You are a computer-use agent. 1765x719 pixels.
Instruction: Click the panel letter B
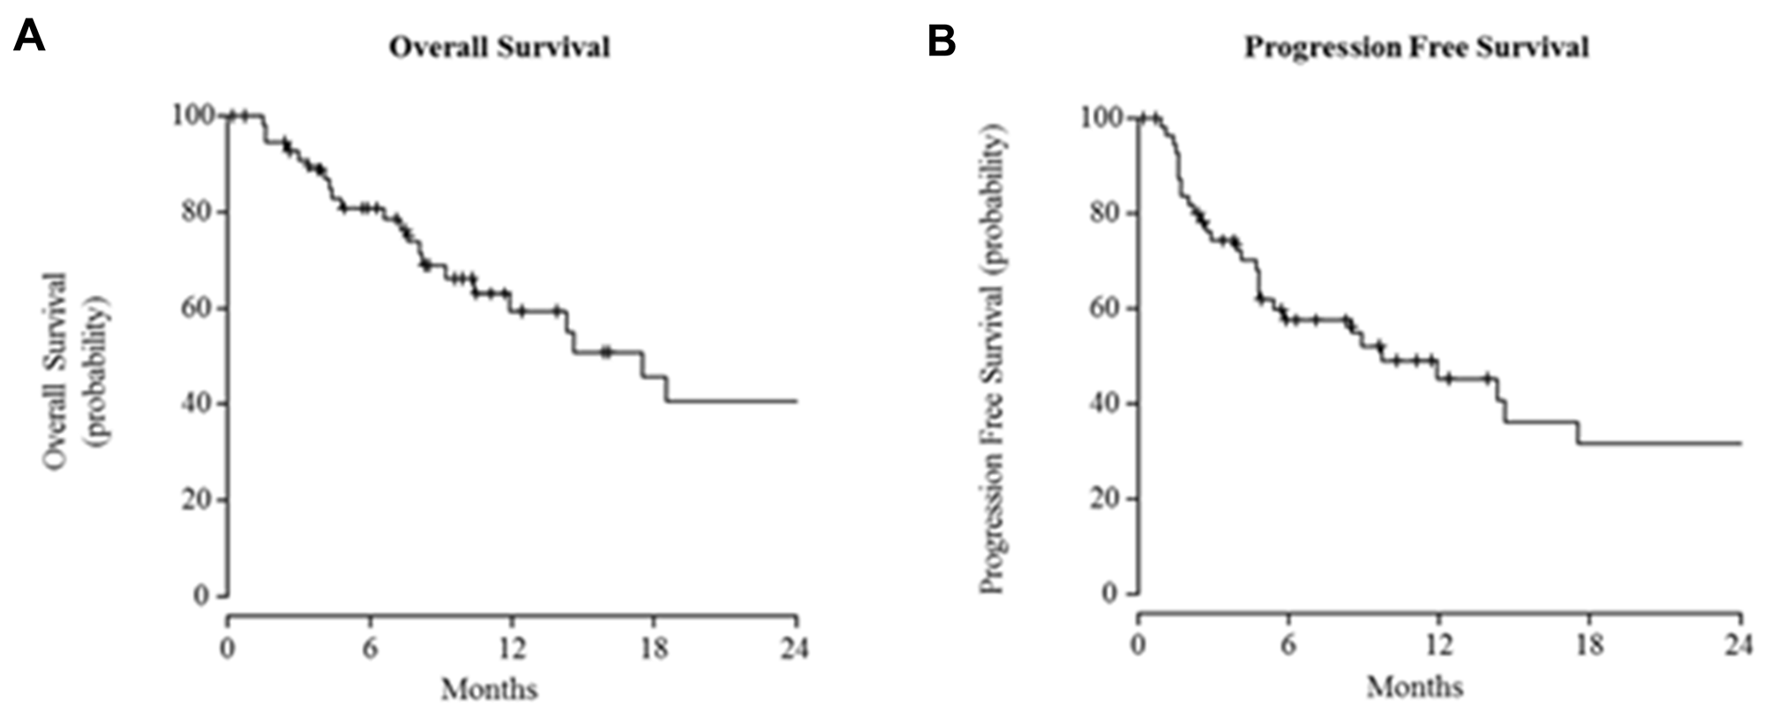tap(941, 40)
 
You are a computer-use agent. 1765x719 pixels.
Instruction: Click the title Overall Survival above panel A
tap(499, 47)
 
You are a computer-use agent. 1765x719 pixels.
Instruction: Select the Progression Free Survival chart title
tap(1416, 47)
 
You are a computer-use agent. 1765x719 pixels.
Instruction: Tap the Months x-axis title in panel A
tap(489, 688)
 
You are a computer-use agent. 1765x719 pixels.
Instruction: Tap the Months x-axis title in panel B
tap(1415, 686)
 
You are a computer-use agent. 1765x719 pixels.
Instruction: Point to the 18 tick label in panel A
tap(654, 649)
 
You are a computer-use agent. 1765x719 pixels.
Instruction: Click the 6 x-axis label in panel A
tap(370, 649)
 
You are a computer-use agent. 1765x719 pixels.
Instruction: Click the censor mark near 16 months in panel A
tap(605, 352)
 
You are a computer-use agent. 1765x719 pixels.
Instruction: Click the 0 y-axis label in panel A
tap(201, 595)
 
